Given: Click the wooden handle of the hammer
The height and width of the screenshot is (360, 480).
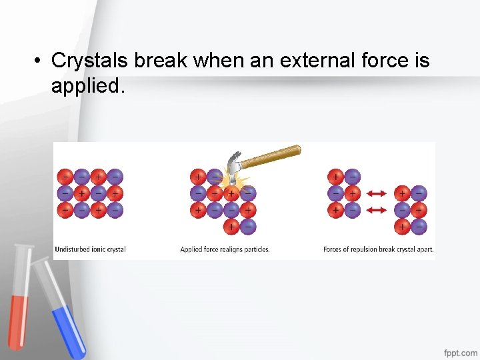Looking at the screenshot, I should tap(273, 155).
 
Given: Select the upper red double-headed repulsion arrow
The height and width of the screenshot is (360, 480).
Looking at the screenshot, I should tap(377, 193).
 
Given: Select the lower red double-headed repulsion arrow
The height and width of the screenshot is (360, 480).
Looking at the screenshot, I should tap(377, 210).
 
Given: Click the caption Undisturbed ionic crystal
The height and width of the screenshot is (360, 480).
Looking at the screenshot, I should tap(90, 250).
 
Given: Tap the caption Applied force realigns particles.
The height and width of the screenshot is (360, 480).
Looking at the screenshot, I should tap(225, 250).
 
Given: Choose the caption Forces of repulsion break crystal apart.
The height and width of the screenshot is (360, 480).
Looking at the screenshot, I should tap(378, 250).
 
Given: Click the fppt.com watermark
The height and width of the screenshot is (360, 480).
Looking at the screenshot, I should tap(461, 351).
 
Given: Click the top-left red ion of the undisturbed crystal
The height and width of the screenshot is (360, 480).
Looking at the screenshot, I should tap(65, 177).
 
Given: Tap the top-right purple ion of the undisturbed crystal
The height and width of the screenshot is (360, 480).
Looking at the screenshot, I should tap(115, 177).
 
